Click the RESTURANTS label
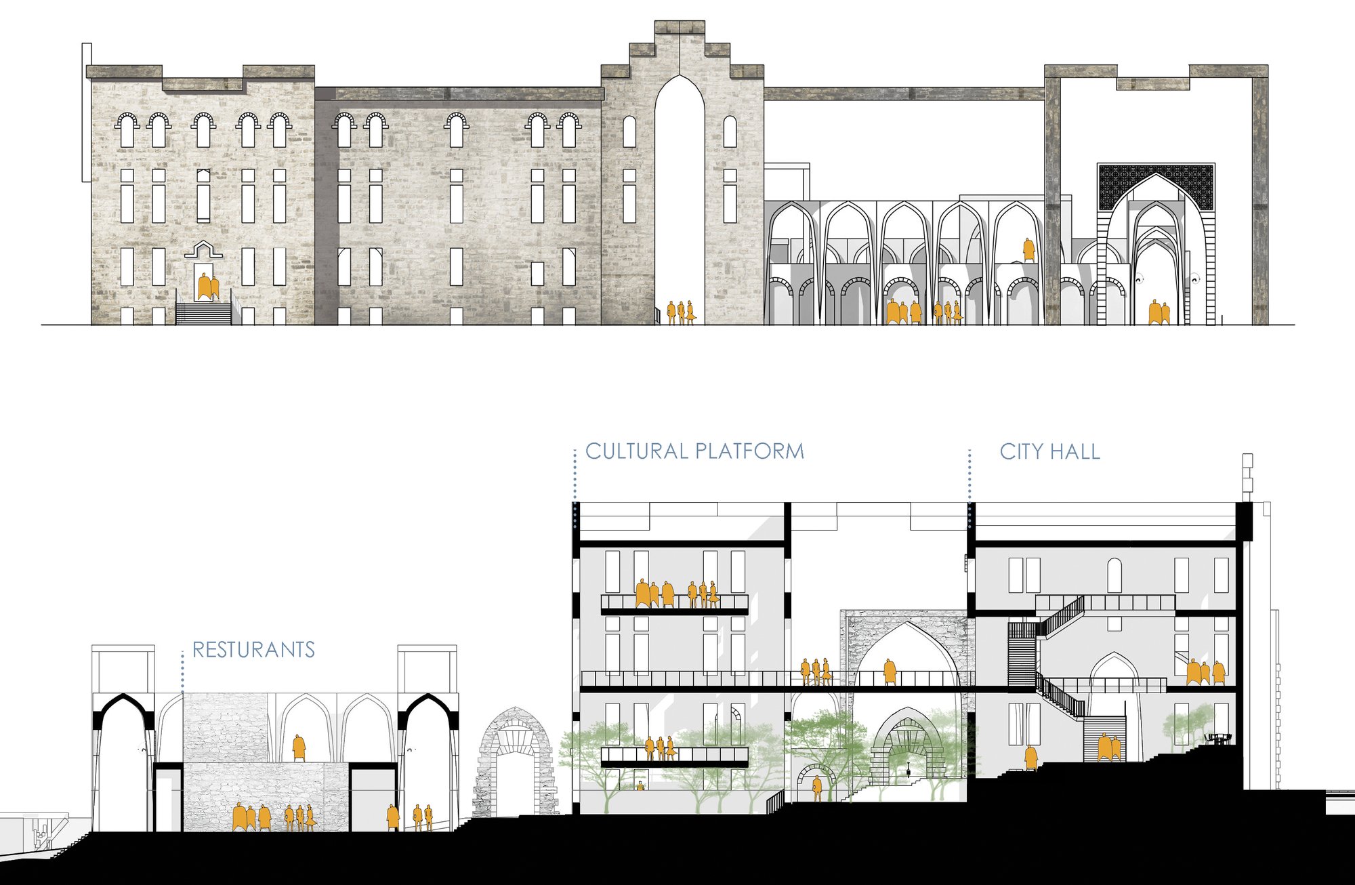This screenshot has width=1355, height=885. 254,650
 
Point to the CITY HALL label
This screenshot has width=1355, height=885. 1050,452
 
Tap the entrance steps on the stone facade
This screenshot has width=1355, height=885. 203,312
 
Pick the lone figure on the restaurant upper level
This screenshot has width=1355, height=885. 299,748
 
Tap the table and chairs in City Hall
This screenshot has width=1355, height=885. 1218,738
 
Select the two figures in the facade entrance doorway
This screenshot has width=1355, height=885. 208,287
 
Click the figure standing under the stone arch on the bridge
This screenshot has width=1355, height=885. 890,671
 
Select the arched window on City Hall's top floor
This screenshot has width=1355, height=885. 1114,575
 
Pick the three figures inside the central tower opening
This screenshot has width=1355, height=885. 681,312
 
